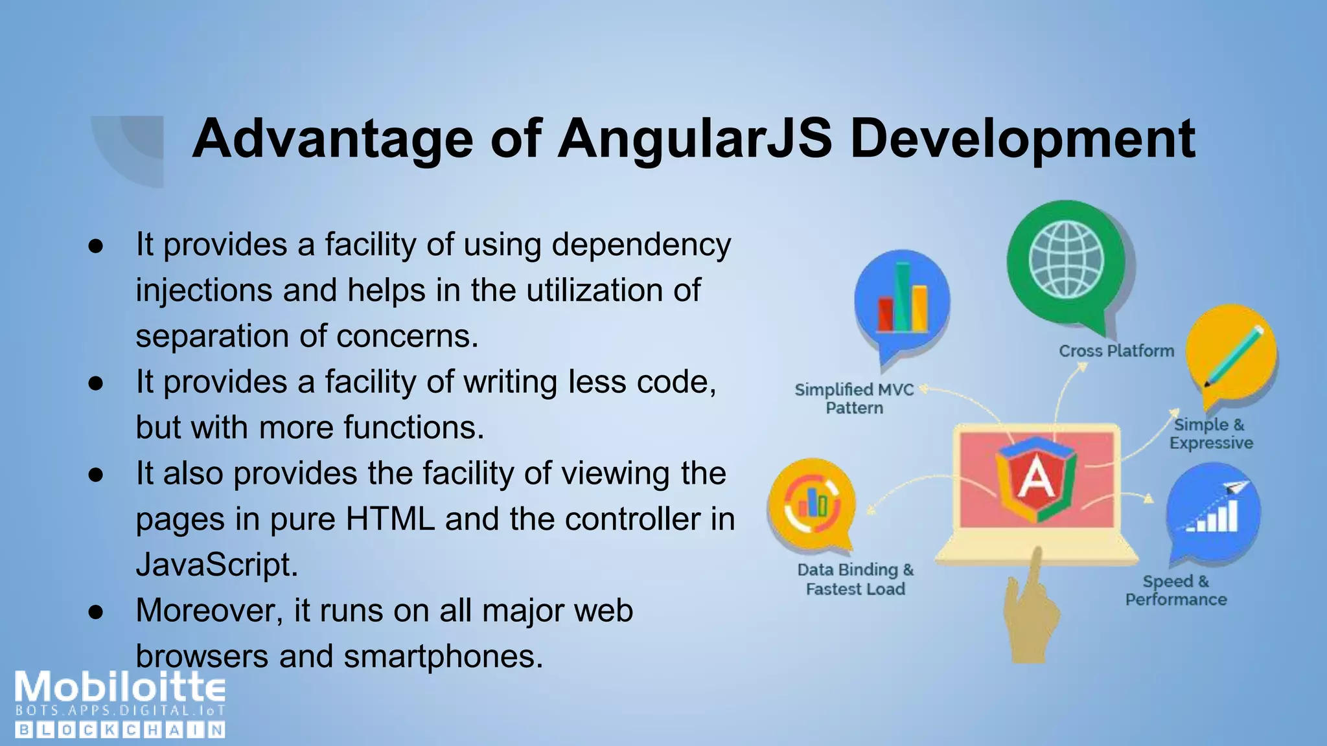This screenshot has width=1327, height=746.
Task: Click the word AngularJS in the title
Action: click(694, 139)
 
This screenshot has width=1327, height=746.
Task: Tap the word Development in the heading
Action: click(1022, 139)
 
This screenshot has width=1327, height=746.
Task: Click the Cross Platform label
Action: click(1116, 351)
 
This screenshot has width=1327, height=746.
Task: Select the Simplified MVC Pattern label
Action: click(854, 398)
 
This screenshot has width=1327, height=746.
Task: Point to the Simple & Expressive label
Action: click(1211, 434)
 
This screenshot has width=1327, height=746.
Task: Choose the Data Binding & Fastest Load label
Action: click(855, 579)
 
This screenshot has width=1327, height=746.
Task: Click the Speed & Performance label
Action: click(1176, 590)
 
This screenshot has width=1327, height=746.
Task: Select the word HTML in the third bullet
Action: click(390, 519)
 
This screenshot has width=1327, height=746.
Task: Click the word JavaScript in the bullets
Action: click(216, 565)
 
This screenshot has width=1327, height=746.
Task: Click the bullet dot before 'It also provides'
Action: click(96, 475)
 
